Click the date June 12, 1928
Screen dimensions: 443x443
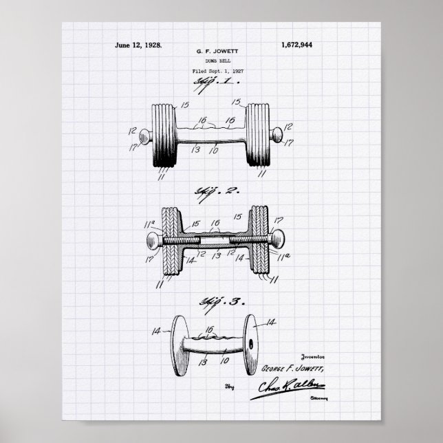pyautogui.click(x=138, y=44)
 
